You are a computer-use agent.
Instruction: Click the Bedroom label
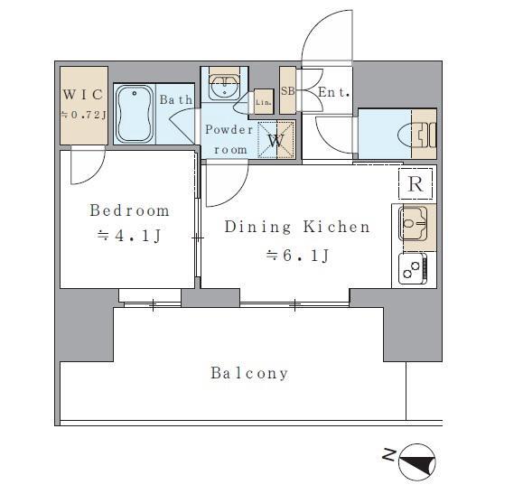point(129,210)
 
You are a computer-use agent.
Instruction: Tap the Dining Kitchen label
point(297,227)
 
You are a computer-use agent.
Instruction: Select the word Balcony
point(249,373)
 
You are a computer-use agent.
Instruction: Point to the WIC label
point(83,95)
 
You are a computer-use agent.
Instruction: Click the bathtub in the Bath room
point(135,114)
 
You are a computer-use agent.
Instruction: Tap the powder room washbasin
point(224,87)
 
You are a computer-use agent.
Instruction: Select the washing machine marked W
point(276,140)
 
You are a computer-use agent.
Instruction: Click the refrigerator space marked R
point(416,183)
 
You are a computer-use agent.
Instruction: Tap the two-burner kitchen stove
point(413,269)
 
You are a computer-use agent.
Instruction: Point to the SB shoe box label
point(287,90)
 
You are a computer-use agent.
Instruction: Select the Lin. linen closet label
point(264,102)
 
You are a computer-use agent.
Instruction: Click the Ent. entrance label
point(334,92)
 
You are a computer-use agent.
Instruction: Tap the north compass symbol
point(417,462)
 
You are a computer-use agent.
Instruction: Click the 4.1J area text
point(129,236)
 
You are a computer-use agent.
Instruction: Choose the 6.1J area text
point(297,256)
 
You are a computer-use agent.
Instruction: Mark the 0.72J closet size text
point(83,115)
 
